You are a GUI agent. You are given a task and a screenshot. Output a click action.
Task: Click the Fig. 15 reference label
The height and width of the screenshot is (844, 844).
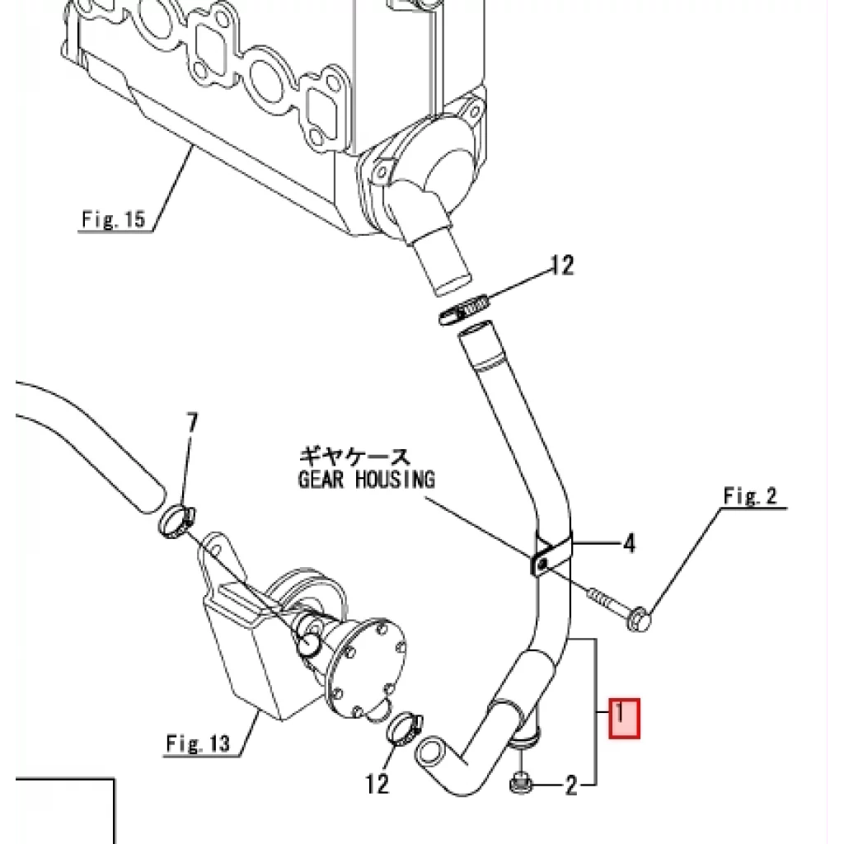pyautogui.click(x=114, y=219)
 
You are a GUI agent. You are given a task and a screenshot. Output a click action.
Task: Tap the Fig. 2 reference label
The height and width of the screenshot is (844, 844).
pyautogui.click(x=750, y=495)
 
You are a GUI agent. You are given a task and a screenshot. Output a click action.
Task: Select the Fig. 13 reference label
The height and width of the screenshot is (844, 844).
pyautogui.click(x=198, y=743)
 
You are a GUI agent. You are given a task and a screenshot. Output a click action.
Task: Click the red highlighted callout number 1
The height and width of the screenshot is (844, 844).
pyautogui.click(x=624, y=718)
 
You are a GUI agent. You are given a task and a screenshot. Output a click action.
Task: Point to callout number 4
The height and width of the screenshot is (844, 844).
pyautogui.click(x=629, y=544)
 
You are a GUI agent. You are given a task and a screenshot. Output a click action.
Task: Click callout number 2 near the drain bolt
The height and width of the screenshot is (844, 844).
pyautogui.click(x=571, y=785)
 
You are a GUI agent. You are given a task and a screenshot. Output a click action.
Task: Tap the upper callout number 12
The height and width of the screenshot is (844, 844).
pyautogui.click(x=562, y=265)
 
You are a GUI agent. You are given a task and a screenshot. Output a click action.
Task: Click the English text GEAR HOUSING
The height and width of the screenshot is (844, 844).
pyautogui.click(x=366, y=479)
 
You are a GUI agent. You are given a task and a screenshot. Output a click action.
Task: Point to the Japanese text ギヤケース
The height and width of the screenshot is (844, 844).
pyautogui.click(x=354, y=457)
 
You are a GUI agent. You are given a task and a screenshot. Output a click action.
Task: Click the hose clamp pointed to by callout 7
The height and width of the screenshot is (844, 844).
pyautogui.click(x=177, y=521)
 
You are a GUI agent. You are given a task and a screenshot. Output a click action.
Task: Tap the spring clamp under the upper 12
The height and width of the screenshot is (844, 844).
pyautogui.click(x=464, y=311)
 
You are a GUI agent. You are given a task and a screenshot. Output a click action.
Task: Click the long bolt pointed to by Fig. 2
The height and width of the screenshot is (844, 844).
pyautogui.click(x=619, y=607)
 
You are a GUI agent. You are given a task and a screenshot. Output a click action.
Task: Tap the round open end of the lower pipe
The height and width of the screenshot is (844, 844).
pyautogui.click(x=429, y=751)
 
